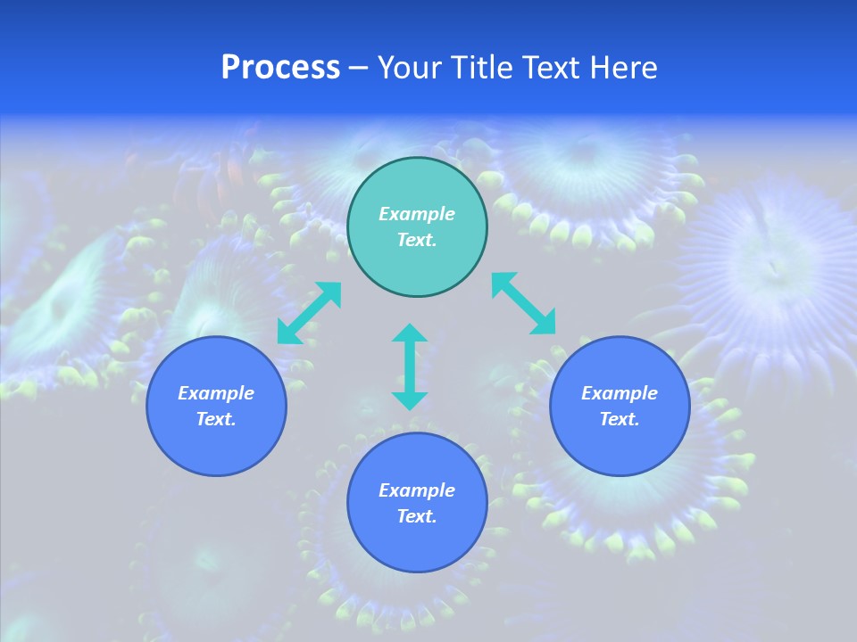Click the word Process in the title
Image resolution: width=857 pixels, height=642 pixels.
point(280,68)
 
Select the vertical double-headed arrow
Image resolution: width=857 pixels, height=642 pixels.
point(410,366)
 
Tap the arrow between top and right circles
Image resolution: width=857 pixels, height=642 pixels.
point(524,303)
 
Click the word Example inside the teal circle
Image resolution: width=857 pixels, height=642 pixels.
point(417,214)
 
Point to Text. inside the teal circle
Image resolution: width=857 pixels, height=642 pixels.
point(417,240)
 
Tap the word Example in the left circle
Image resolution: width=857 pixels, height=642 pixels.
point(216,393)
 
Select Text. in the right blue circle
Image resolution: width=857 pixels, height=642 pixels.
point(620,419)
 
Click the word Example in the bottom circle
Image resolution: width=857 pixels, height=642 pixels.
point(417,490)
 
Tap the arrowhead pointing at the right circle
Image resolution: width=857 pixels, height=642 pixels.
point(545,324)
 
